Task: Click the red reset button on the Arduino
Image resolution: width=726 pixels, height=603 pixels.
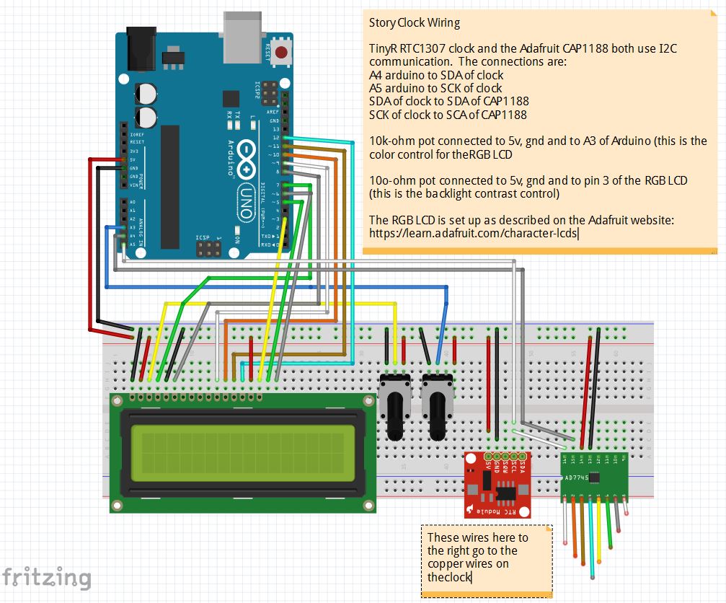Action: coord(281,53)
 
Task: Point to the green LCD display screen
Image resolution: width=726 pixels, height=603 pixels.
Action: coord(243,454)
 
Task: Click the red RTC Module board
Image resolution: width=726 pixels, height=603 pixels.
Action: coord(497,485)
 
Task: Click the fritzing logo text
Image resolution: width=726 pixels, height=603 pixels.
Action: coord(46,578)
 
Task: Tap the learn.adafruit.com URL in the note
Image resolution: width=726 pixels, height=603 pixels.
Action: coord(474,233)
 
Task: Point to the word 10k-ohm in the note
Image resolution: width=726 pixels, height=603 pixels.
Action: coord(391,141)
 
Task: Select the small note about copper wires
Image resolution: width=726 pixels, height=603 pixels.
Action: coord(487,560)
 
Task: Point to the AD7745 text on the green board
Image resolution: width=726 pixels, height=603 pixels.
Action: coord(577,477)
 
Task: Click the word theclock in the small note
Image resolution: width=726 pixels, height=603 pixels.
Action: coord(448,578)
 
